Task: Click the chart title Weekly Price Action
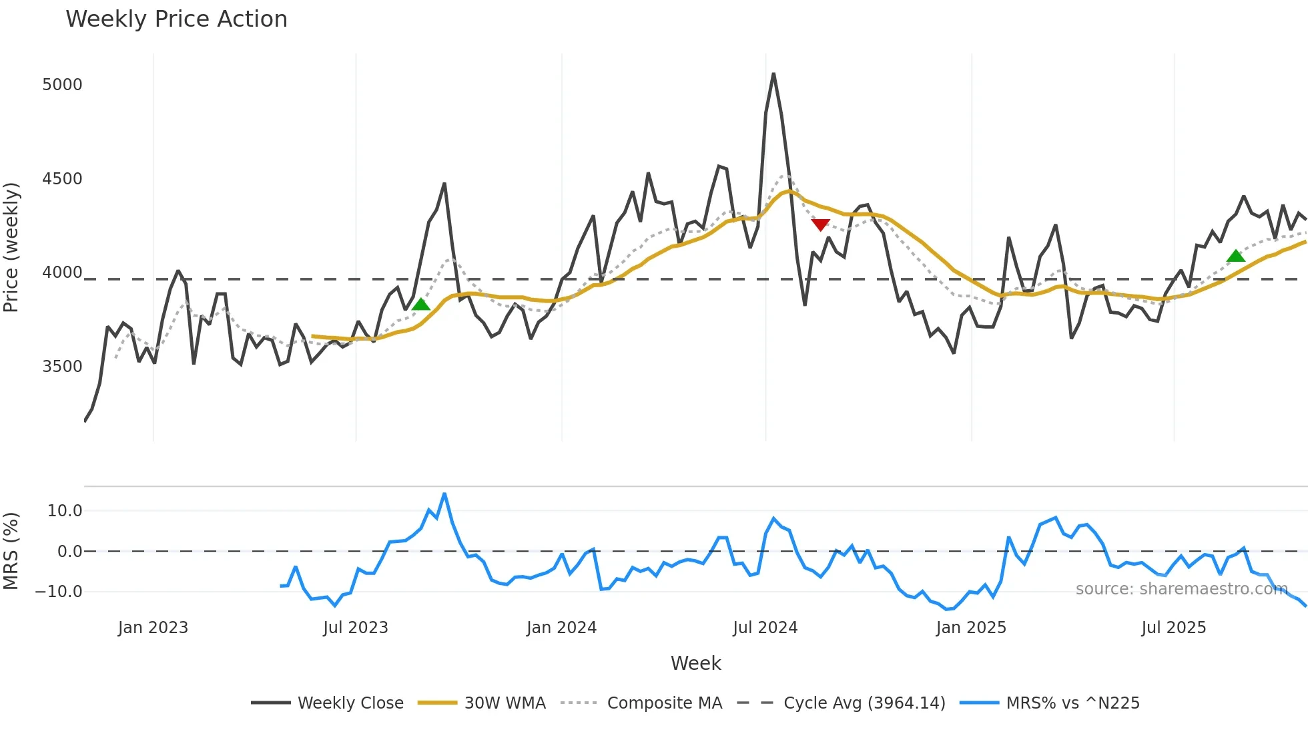(x=176, y=19)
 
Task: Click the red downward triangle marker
(x=820, y=224)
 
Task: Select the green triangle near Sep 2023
(x=420, y=305)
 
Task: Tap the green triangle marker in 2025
(x=1235, y=256)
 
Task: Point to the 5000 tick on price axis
(x=62, y=85)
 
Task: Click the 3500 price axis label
(x=62, y=367)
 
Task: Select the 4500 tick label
(x=62, y=179)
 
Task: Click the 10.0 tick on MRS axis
(x=65, y=511)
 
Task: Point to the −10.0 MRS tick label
(x=59, y=592)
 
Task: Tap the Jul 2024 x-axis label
(x=765, y=628)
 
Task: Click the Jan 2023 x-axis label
(x=153, y=628)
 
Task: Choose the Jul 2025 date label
(x=1173, y=628)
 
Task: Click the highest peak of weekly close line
(x=773, y=74)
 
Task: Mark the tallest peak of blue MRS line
(x=444, y=494)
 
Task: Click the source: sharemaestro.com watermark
(x=1181, y=589)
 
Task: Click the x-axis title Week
(x=695, y=663)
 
